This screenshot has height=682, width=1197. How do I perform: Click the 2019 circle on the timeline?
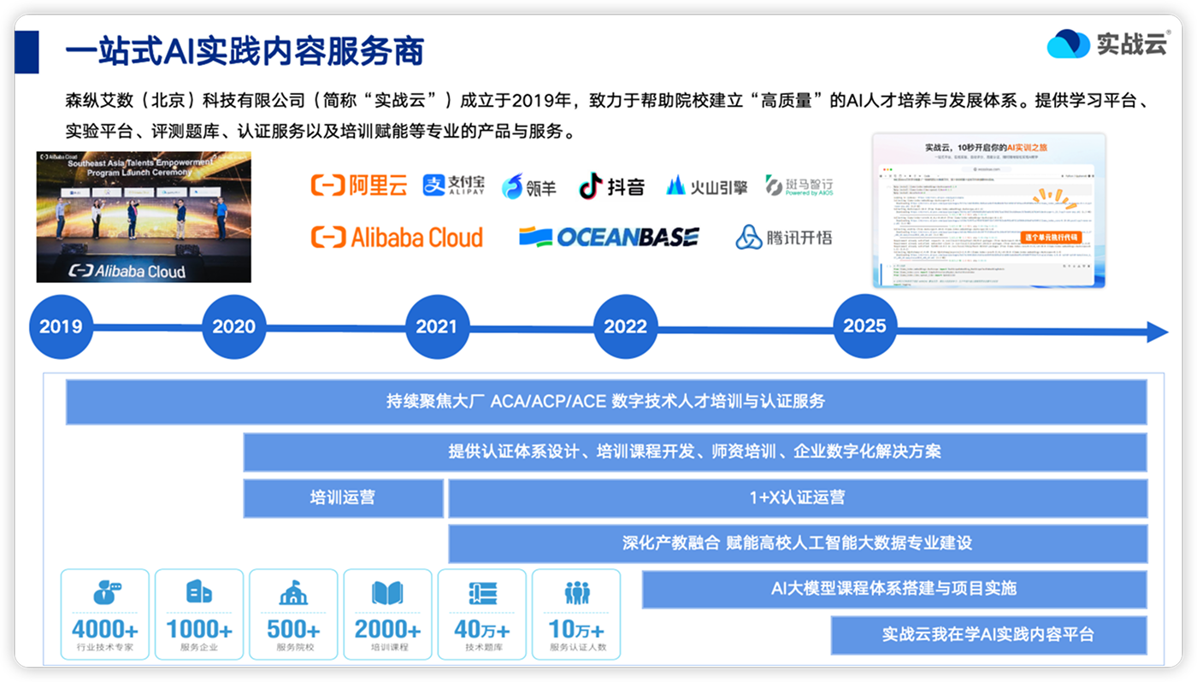[x=61, y=326]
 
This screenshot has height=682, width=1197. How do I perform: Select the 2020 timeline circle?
[x=233, y=326]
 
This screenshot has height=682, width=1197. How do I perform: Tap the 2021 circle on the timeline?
[x=437, y=326]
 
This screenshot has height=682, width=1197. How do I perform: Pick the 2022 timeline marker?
[x=625, y=326]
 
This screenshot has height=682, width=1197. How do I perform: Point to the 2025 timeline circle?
[x=864, y=326]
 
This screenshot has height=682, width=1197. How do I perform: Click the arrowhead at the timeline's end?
[x=1157, y=332]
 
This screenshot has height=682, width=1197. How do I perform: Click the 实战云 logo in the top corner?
[x=1107, y=44]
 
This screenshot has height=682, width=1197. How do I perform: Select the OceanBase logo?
[x=609, y=237]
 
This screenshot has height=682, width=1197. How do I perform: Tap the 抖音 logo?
[x=611, y=186]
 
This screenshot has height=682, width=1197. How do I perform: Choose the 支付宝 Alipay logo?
[x=453, y=185]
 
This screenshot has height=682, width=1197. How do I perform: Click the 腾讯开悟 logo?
[x=783, y=237]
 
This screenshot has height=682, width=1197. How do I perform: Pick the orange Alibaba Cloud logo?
[x=397, y=237]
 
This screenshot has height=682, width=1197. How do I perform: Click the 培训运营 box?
[x=343, y=497]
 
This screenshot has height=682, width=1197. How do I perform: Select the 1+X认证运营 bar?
[x=797, y=497]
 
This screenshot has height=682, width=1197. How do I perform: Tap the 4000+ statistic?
[x=104, y=630]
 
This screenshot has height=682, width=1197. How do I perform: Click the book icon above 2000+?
[x=387, y=593]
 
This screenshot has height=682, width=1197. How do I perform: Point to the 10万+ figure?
[x=576, y=630]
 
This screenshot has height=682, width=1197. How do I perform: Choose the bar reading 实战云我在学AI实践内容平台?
[x=988, y=635]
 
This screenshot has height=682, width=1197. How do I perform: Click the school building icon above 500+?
[x=293, y=593]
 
